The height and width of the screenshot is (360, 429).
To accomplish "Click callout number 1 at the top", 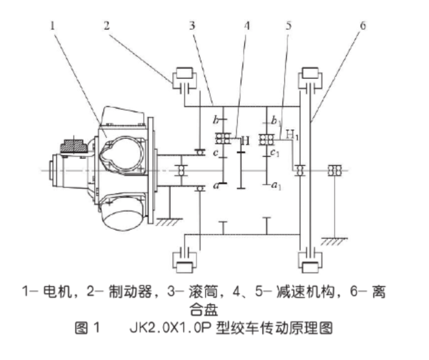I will click(x=53, y=25).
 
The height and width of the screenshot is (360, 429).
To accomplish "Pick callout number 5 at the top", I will click(x=288, y=25).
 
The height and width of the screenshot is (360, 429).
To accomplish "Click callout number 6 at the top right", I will click(x=362, y=25).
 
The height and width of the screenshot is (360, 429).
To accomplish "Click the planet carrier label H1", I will click(x=291, y=133).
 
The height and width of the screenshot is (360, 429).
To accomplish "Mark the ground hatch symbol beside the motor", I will click(x=164, y=222).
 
